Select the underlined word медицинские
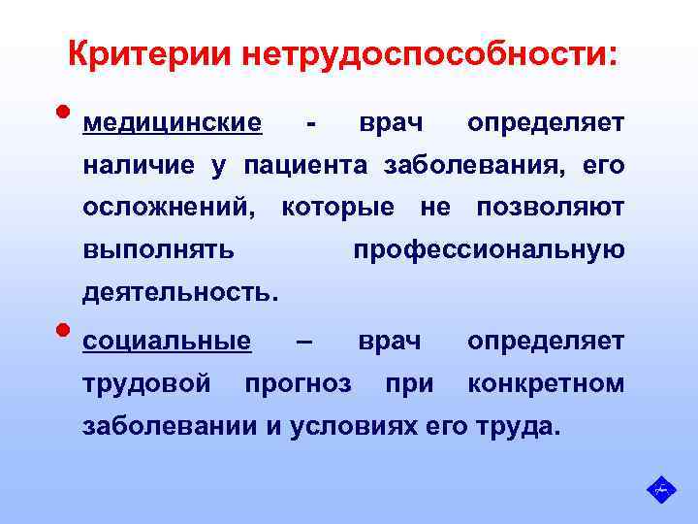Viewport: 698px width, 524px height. (173, 124)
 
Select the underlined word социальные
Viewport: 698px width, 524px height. (167, 342)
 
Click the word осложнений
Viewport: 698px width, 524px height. (170, 208)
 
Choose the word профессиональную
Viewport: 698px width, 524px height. (489, 249)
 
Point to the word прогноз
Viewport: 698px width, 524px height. (298, 383)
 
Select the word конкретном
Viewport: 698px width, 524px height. (546, 383)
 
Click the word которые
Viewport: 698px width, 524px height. (336, 208)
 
